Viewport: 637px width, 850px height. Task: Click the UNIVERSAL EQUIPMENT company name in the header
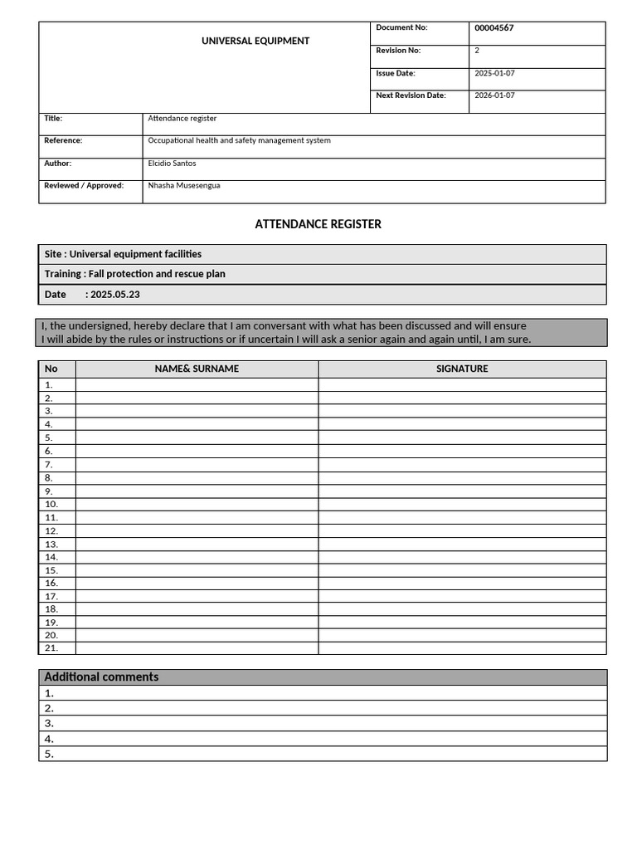point(255,41)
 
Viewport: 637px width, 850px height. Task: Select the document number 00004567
point(494,28)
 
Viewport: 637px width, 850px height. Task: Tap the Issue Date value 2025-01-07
point(494,73)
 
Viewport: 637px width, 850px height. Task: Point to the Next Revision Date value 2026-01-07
point(494,95)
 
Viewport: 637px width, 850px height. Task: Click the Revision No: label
point(398,51)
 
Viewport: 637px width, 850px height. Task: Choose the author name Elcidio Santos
point(172,164)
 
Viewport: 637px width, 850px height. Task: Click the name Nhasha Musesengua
point(184,186)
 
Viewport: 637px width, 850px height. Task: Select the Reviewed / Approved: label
point(84,186)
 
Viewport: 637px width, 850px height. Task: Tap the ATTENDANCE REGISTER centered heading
point(318,224)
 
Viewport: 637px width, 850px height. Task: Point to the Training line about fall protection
point(135,274)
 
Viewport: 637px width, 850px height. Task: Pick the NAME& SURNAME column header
point(197,369)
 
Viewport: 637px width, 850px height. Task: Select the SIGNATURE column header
point(462,369)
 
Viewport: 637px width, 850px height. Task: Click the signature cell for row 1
point(462,384)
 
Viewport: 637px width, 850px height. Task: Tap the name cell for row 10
point(197,504)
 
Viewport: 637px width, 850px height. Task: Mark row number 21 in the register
point(51,647)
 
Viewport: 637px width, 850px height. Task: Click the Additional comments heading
point(101,677)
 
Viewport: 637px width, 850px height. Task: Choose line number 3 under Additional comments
point(49,723)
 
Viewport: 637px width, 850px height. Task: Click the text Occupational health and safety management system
point(239,141)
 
